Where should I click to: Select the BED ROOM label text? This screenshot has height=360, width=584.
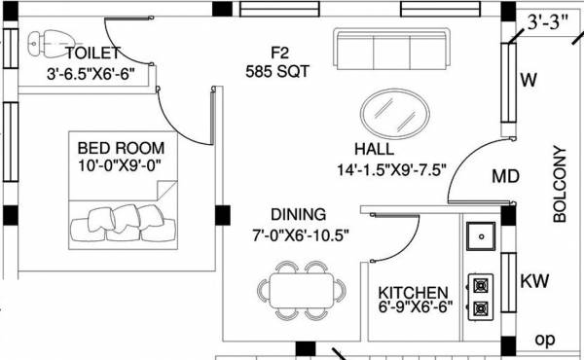tap(121, 148)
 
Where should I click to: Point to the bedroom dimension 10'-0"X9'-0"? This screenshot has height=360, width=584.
tap(121, 166)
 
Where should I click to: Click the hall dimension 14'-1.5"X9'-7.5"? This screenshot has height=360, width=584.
tap(390, 168)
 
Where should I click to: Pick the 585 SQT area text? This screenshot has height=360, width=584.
tap(278, 70)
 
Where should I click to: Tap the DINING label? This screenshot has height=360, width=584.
tap(299, 215)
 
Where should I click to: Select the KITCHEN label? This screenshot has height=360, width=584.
tap(414, 292)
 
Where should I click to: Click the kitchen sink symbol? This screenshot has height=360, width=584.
tap(480, 235)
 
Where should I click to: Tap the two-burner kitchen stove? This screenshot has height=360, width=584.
tap(479, 298)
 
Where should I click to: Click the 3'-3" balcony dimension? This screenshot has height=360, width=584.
tap(549, 18)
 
